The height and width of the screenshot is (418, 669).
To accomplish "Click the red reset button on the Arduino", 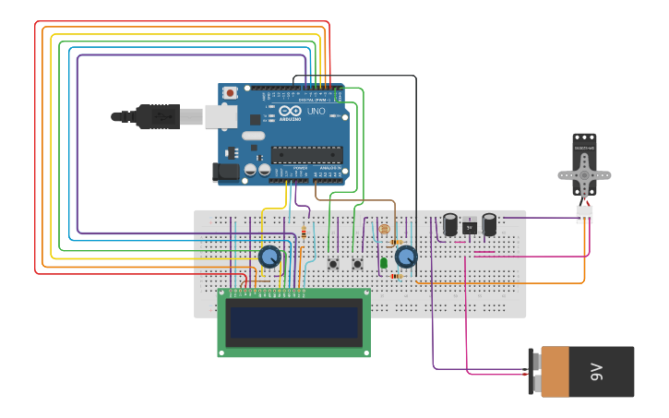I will click(230, 93).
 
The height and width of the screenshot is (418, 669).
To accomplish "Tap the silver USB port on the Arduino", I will click(220, 115).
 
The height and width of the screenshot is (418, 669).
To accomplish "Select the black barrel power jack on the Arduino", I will click(224, 172).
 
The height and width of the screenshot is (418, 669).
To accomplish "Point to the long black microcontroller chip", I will click(306, 154).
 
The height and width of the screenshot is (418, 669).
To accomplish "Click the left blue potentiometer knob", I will click(269, 256).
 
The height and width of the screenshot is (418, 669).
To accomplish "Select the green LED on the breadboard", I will click(384, 263).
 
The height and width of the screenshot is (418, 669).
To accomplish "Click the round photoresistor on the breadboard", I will click(385, 228).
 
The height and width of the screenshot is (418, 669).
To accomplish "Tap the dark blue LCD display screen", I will click(294, 323).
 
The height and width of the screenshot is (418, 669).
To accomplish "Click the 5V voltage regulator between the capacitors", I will click(470, 227).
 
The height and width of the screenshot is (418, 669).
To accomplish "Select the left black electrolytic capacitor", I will click(450, 225).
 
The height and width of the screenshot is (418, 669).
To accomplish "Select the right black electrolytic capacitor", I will click(489, 224).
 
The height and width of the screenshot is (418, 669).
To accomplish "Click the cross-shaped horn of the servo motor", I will click(584, 173).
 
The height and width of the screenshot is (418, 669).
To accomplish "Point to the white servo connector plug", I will click(584, 215).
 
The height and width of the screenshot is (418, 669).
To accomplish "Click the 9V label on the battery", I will click(596, 372).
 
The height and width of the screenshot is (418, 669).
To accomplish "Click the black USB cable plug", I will click(157, 116).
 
